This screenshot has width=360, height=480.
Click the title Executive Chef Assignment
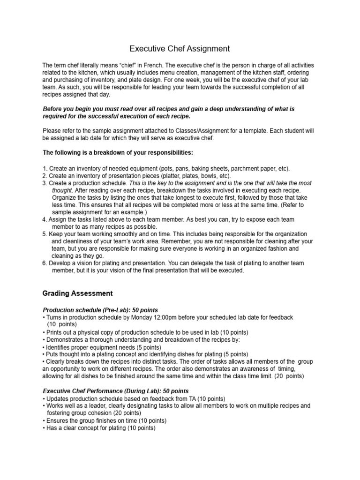[x=180, y=48]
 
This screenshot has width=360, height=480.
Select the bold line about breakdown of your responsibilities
[x=118, y=152]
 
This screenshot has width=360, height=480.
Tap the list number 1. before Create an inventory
[x=45, y=168]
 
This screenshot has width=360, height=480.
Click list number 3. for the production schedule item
[x=45, y=183]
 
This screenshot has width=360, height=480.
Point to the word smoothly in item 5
[x=126, y=234]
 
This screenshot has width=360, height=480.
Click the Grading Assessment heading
[x=77, y=293]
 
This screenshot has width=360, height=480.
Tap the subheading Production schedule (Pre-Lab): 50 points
[x=100, y=310]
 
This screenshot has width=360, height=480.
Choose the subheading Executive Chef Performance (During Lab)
[x=110, y=390]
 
